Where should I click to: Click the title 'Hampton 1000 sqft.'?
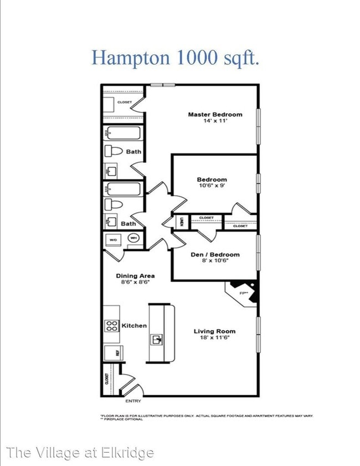click(x=175, y=58)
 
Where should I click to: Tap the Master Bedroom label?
click(x=215, y=115)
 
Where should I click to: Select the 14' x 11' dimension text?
click(x=215, y=121)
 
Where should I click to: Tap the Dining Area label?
click(x=135, y=275)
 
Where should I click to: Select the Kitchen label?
click(x=134, y=325)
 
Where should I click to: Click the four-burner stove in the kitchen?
click(x=111, y=326)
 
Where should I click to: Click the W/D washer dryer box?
click(x=113, y=239)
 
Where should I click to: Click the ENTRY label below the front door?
click(x=133, y=402)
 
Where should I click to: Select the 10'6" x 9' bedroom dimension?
click(x=212, y=186)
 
